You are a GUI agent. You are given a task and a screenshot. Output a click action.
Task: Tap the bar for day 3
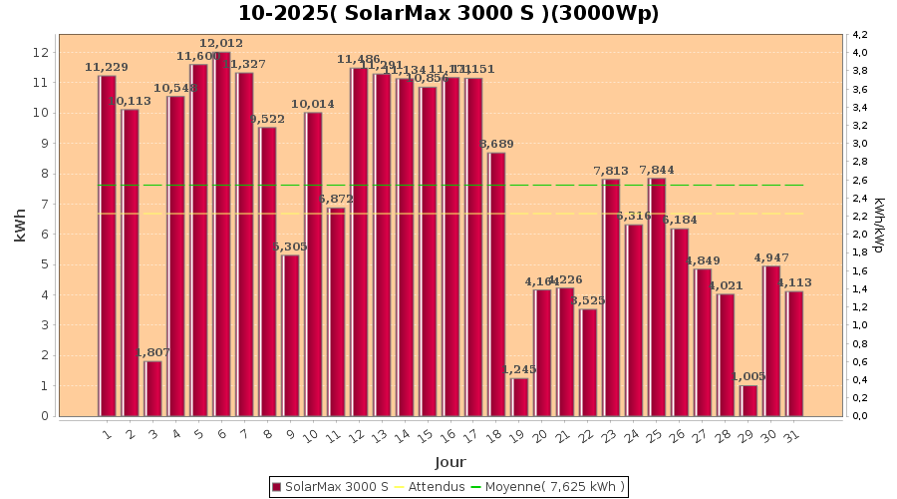click(152, 388)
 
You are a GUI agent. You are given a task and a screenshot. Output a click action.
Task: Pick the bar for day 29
click(748, 400)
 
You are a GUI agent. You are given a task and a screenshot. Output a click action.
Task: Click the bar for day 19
click(519, 396)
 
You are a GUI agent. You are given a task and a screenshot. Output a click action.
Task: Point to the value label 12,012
click(221, 44)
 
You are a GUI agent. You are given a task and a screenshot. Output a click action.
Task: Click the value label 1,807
click(152, 353)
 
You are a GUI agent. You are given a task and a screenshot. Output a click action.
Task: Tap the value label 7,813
click(611, 171)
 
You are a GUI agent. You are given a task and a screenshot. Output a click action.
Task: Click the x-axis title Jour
click(449, 462)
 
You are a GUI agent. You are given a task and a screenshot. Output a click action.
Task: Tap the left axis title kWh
click(21, 225)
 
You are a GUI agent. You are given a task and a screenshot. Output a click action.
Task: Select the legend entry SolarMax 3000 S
click(330, 487)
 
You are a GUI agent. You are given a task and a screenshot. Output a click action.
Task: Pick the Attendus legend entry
click(429, 487)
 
